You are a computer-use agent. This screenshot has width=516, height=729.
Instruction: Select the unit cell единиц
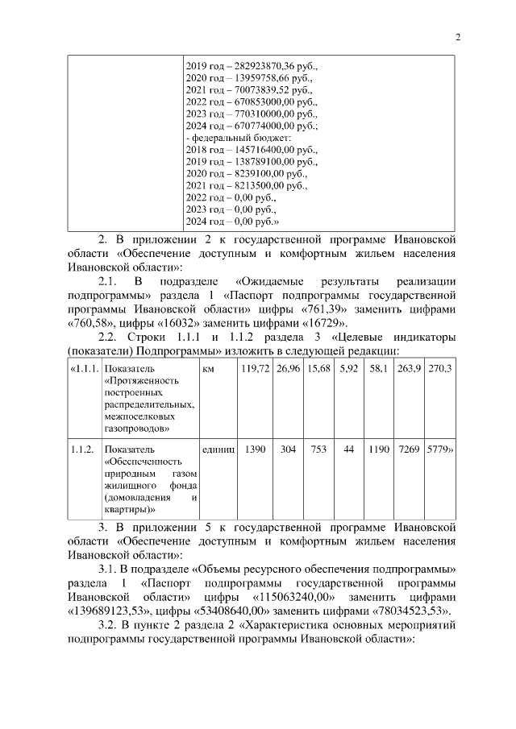pyautogui.click(x=218, y=448)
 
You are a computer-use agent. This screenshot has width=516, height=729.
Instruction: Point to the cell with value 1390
pyautogui.click(x=254, y=448)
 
